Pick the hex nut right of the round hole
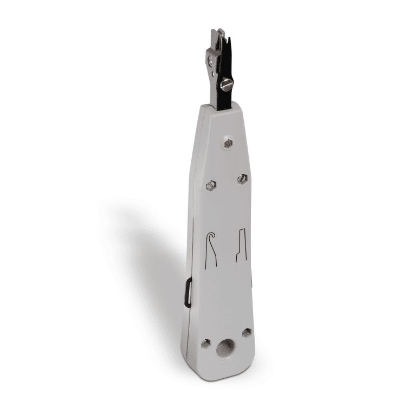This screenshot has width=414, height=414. [247, 333]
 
